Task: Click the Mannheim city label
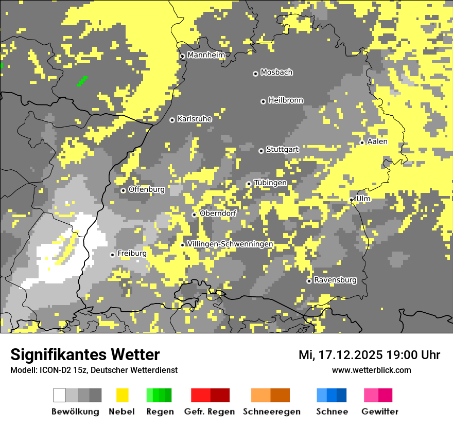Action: (x=206, y=55)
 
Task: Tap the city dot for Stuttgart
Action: (x=261, y=151)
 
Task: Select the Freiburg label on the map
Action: (x=132, y=254)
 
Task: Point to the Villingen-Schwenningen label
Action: (x=230, y=244)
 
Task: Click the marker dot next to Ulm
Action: (x=352, y=200)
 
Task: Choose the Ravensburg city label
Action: (x=335, y=280)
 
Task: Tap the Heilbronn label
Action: (x=286, y=100)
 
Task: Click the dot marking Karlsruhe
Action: (x=172, y=120)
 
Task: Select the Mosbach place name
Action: (x=276, y=73)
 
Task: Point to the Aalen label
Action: (x=377, y=141)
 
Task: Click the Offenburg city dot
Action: (x=123, y=190)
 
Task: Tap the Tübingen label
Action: (x=270, y=183)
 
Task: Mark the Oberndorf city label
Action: (x=218, y=213)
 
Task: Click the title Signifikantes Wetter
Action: (x=85, y=354)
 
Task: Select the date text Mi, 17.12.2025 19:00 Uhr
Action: (x=369, y=355)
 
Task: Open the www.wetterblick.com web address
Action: (x=371, y=370)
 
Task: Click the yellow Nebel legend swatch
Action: (x=122, y=395)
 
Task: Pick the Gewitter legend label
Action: (x=379, y=412)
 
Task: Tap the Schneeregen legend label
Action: (x=272, y=412)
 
